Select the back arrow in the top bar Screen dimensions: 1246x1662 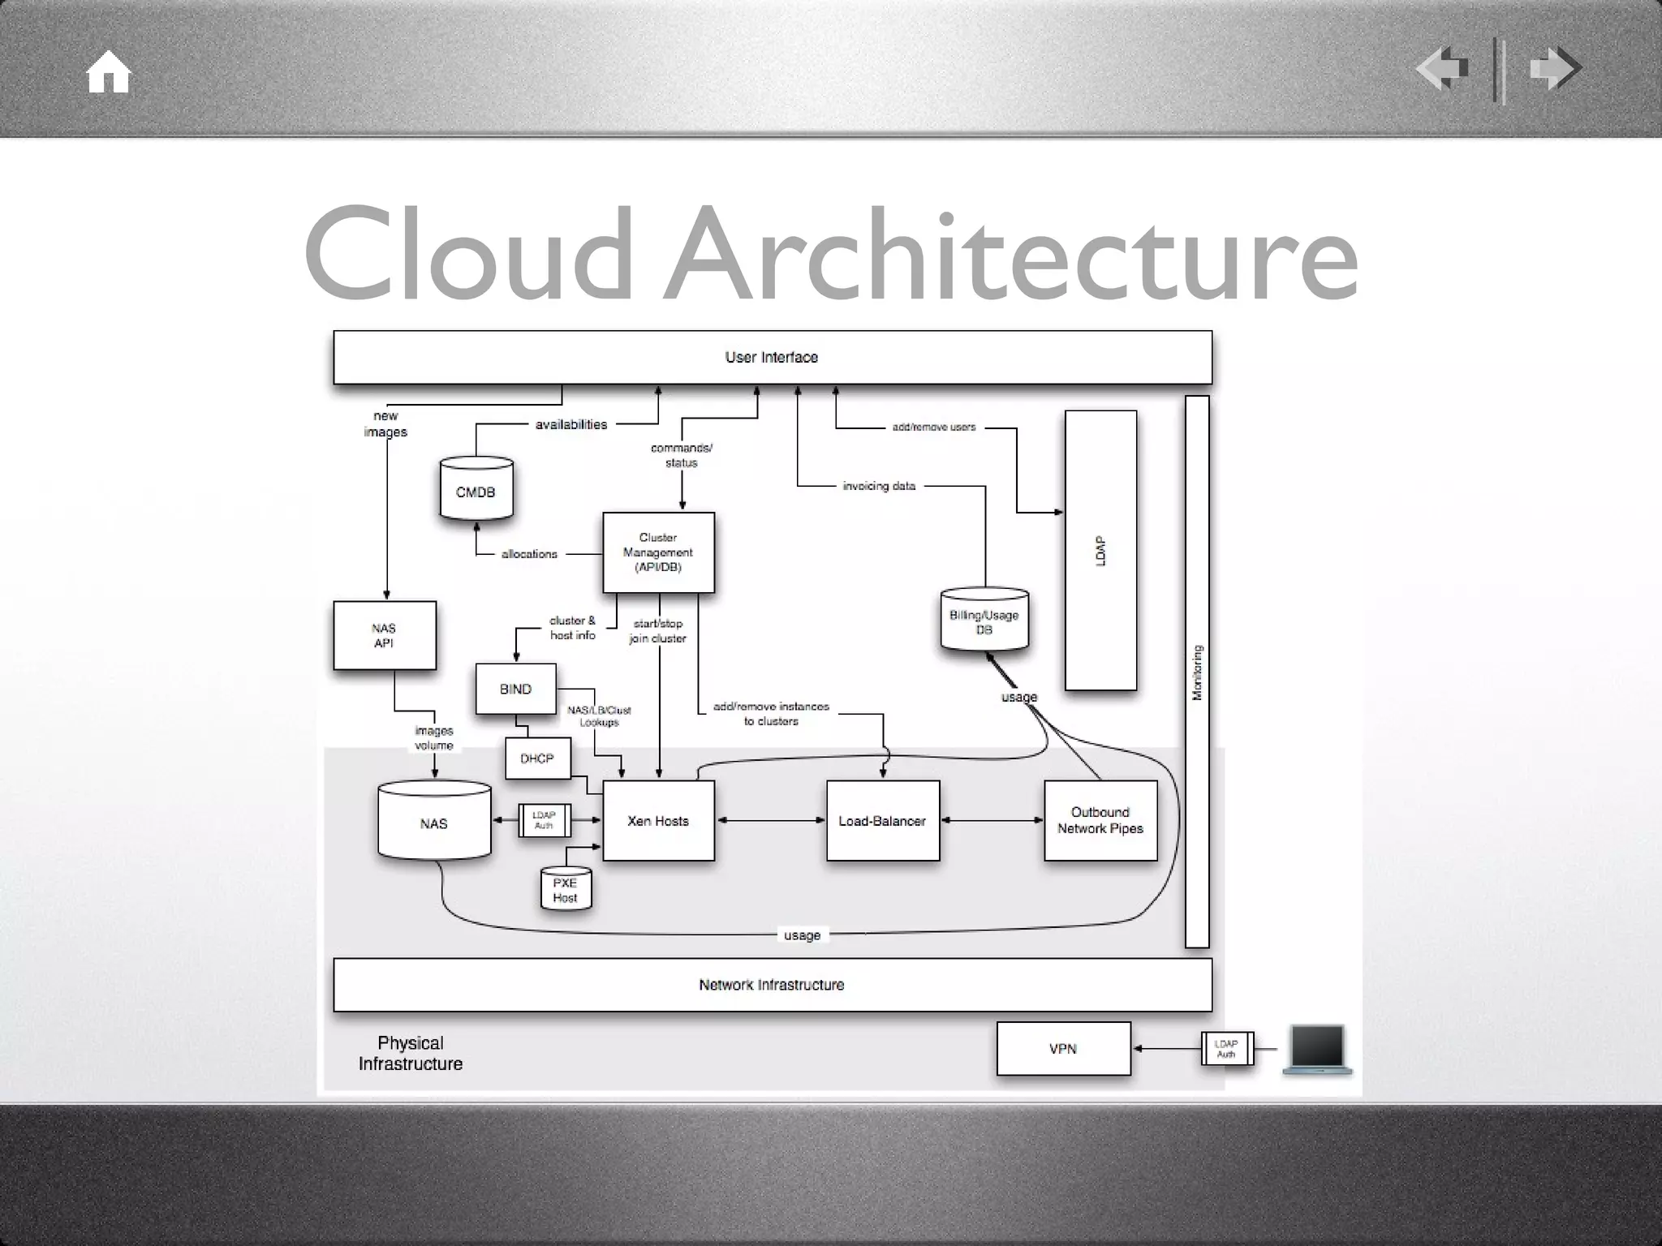click(1442, 69)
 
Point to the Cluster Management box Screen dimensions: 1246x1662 click(658, 552)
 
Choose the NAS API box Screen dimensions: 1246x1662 click(385, 635)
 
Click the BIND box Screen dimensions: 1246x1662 click(515, 689)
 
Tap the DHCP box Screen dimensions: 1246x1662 click(537, 758)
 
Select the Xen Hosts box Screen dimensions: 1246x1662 click(658, 821)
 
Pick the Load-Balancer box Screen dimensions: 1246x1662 click(882, 821)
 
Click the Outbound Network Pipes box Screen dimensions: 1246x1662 click(1100, 820)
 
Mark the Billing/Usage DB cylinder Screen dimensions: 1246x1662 click(984, 621)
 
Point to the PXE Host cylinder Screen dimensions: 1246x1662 click(566, 890)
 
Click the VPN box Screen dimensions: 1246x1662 click(1063, 1049)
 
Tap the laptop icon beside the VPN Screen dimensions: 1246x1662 click(1317, 1049)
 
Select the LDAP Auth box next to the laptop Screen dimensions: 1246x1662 click(1227, 1049)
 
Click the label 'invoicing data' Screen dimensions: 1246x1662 click(879, 486)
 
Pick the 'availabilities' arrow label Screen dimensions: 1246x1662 click(571, 424)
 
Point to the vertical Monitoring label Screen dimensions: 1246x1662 click(1197, 672)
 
